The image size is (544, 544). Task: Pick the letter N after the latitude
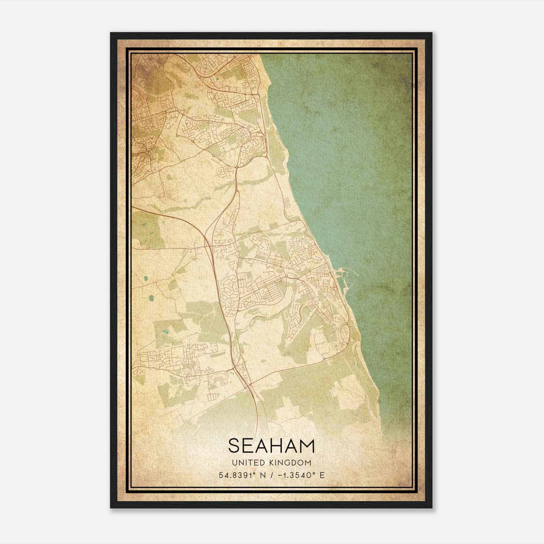click(x=262, y=475)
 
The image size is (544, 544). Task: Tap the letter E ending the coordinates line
click(x=322, y=475)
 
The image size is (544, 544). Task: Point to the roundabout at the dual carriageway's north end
click(x=236, y=167)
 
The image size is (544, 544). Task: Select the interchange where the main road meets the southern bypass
click(x=247, y=386)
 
